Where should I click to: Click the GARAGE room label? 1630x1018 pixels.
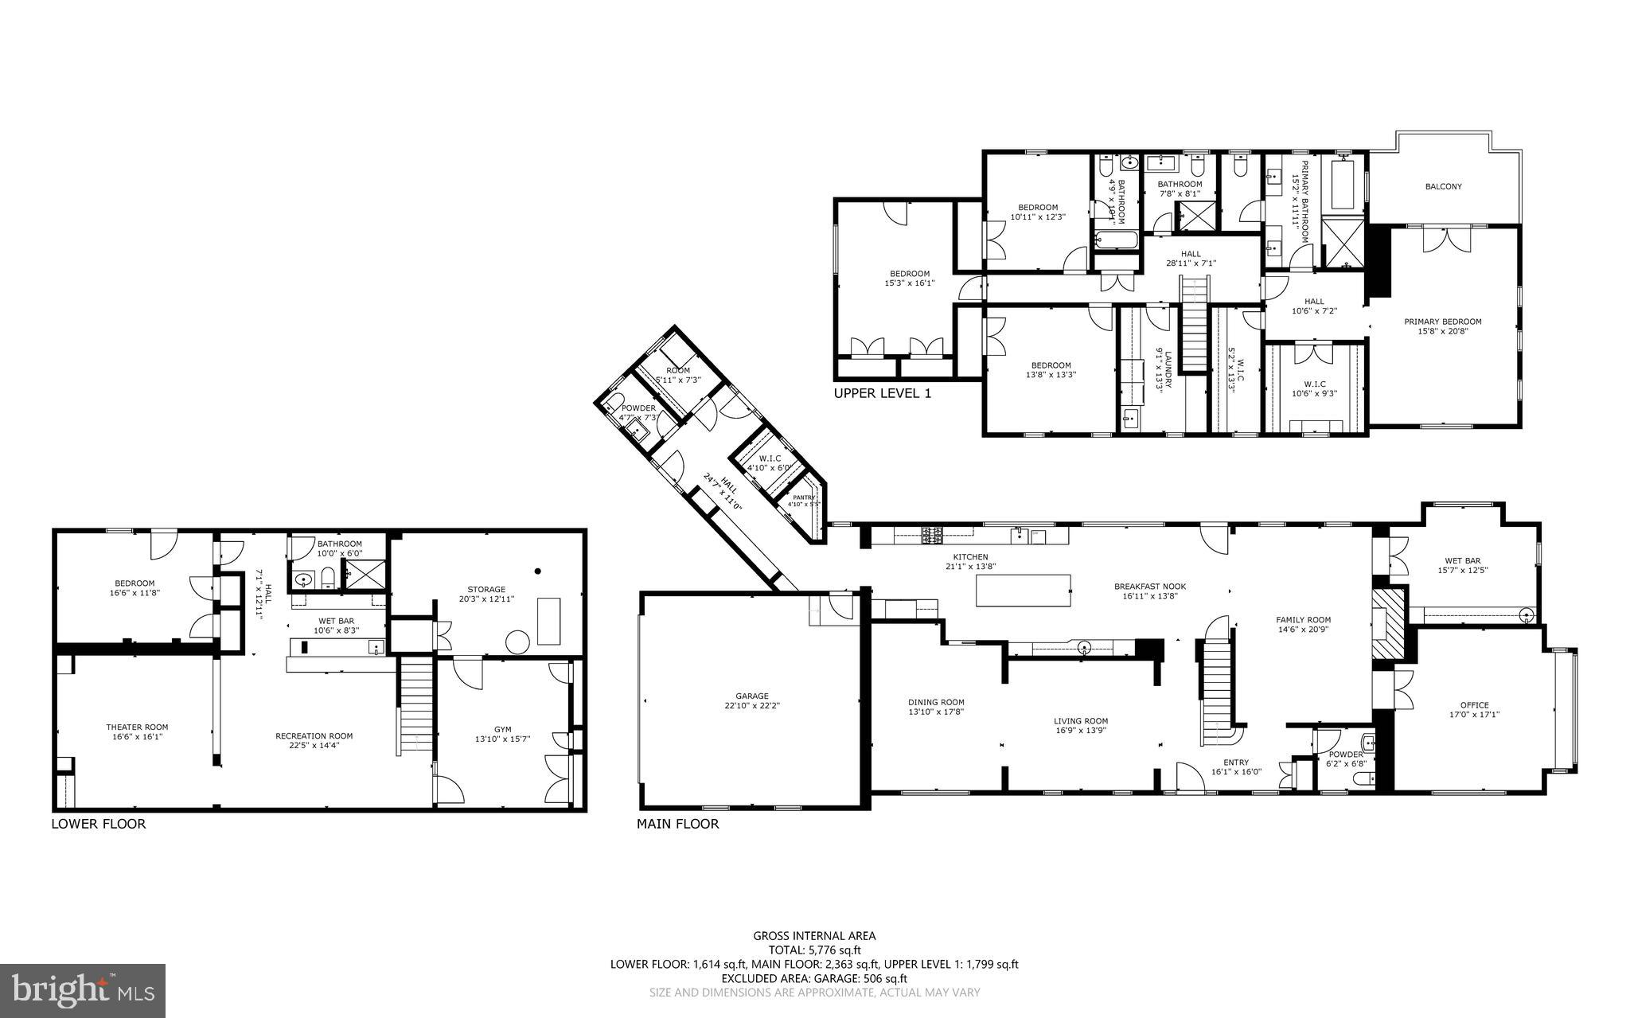pos(751,696)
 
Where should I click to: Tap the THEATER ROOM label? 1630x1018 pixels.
pos(137,727)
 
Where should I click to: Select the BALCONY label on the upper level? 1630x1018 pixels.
pos(1442,186)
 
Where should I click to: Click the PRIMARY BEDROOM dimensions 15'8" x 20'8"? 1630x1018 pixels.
pos(1442,331)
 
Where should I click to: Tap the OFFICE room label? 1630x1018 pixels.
pos(1473,704)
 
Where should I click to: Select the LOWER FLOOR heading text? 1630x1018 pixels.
pos(99,824)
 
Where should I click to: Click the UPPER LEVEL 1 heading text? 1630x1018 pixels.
pos(882,393)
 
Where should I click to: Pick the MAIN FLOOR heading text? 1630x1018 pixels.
pos(677,824)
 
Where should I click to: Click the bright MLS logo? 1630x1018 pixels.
pos(83,990)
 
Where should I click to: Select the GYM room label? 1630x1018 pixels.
pos(502,729)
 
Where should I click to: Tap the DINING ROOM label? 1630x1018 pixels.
pos(936,702)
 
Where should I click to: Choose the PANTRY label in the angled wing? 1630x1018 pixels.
pos(803,497)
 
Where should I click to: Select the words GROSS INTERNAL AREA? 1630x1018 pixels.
pos(814,936)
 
